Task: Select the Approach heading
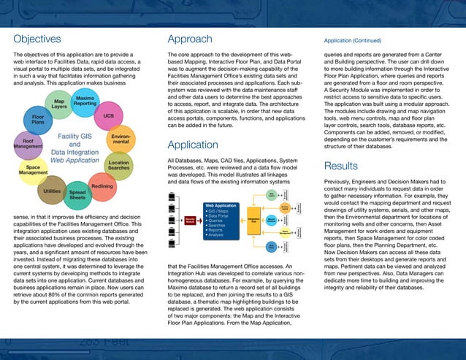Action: [190, 39]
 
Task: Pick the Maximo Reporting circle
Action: [85, 101]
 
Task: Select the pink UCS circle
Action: [108, 116]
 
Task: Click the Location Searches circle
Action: [118, 165]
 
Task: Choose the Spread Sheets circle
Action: [77, 194]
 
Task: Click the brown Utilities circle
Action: [52, 190]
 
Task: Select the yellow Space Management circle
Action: [33, 170]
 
